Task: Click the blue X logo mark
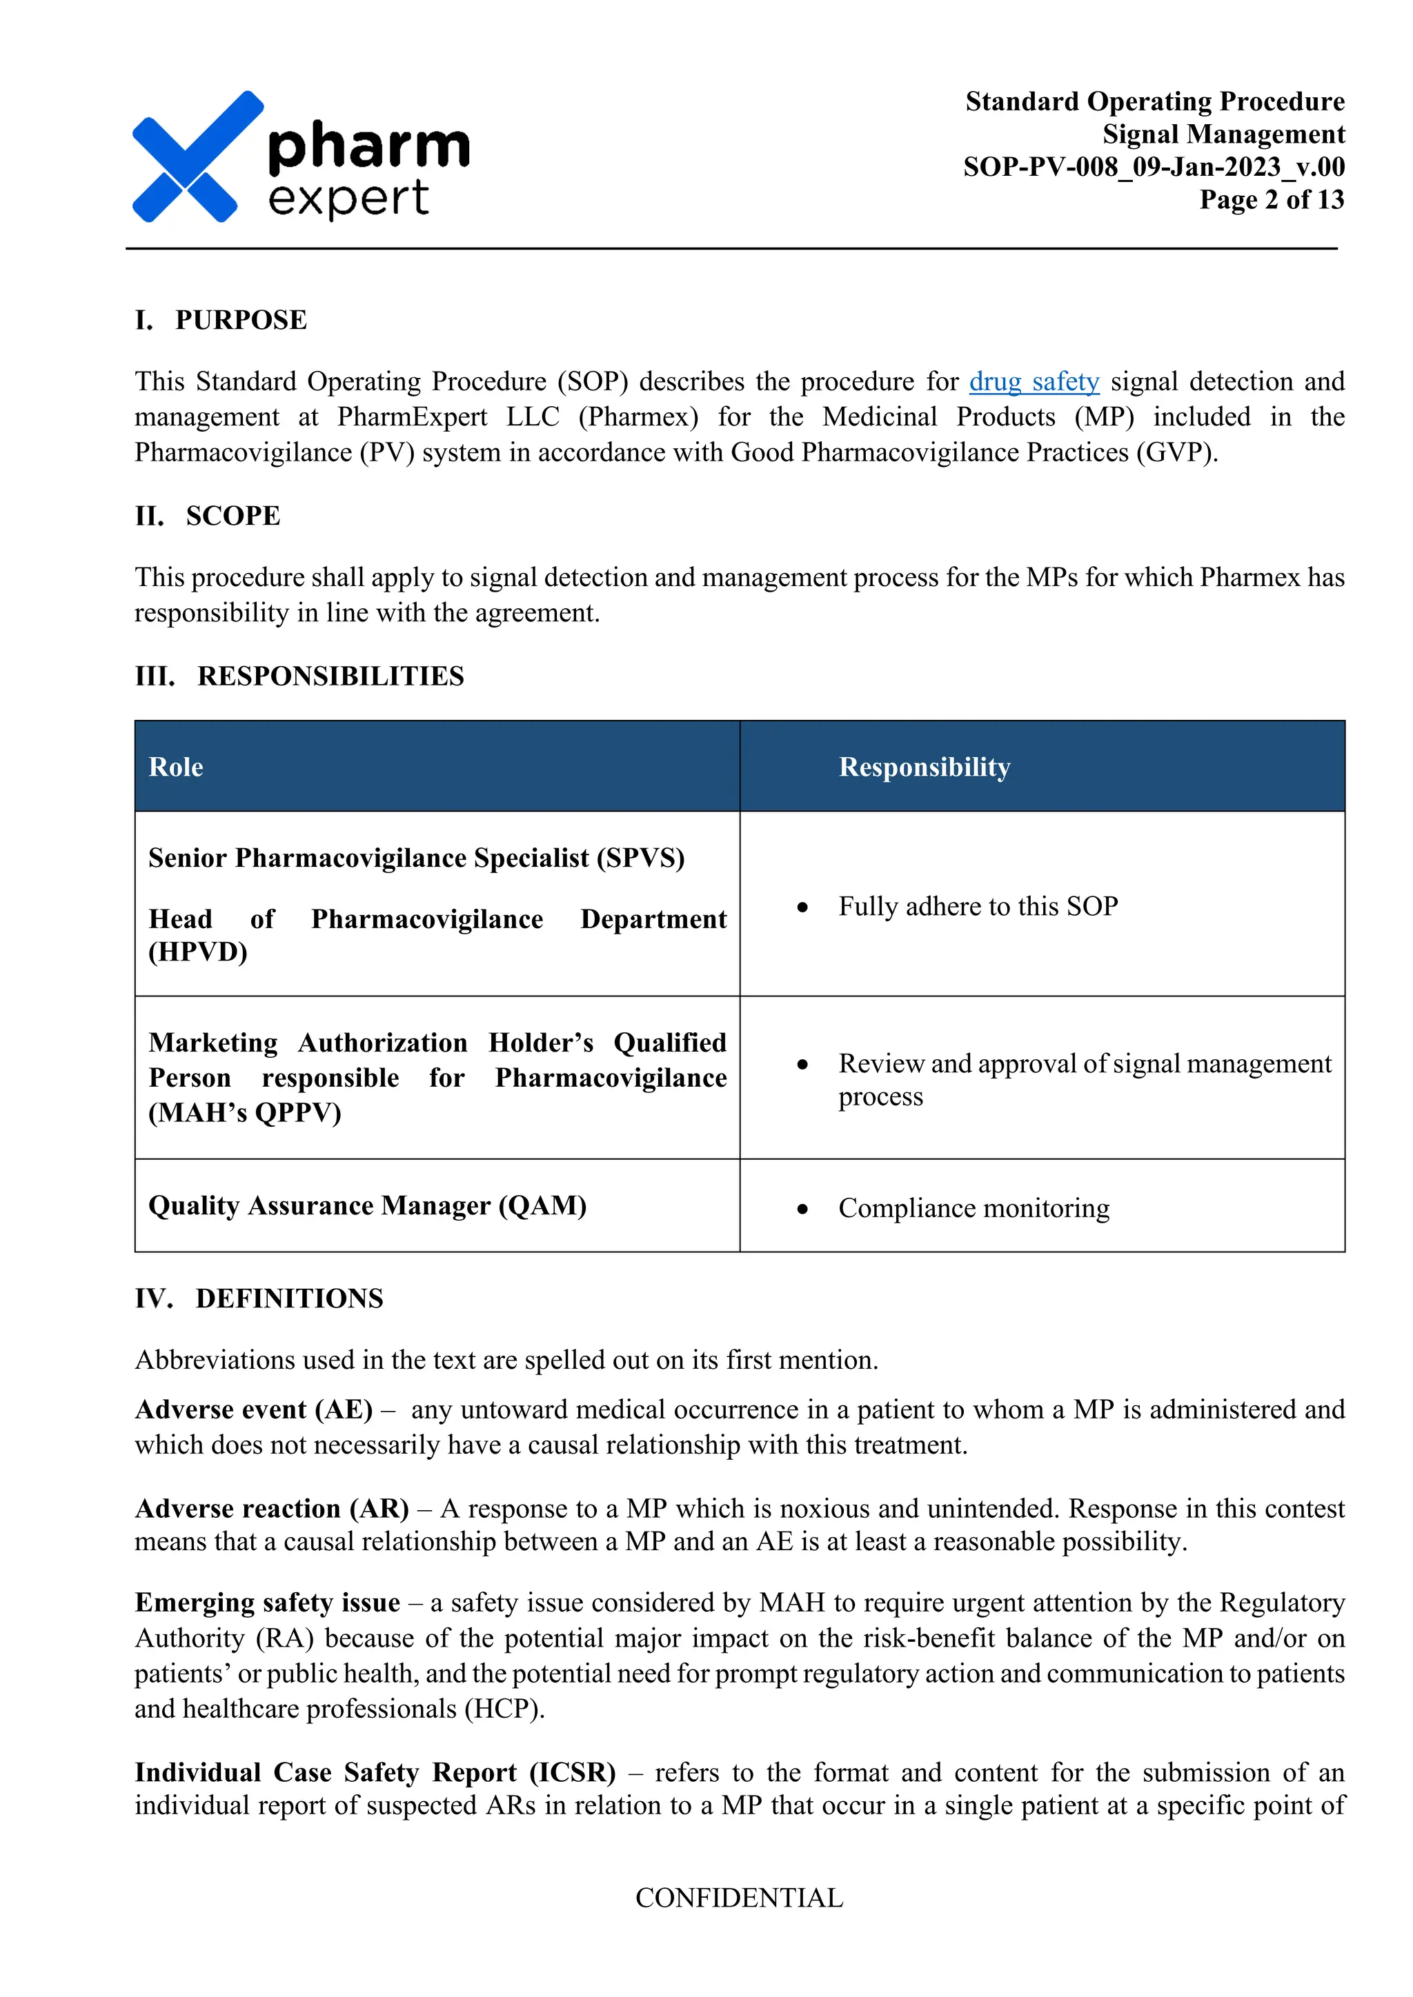[197, 157]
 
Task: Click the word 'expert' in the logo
[348, 199]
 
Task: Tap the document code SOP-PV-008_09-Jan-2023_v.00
[1153, 166]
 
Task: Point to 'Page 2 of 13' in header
[1271, 199]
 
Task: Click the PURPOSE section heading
[240, 320]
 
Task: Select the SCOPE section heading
[233, 516]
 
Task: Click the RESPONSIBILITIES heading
[330, 676]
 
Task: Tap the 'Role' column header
[176, 767]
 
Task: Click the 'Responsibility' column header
[924, 767]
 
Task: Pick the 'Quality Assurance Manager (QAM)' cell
[367, 1205]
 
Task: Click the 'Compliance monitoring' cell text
[974, 1208]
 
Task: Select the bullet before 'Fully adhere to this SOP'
[802, 907]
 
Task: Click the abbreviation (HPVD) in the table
[199, 952]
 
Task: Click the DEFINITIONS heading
[289, 1298]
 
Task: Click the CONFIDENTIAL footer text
[739, 1898]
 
